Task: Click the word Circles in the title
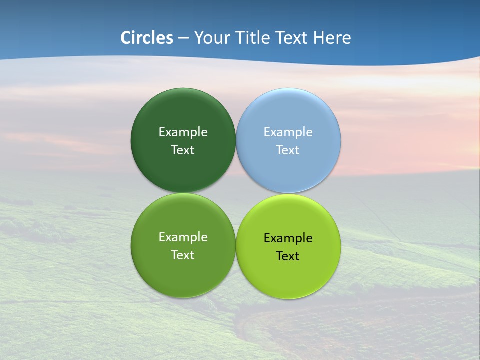pos(147,38)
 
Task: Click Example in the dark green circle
pos(183,132)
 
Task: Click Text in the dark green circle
pos(183,150)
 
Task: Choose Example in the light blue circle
pos(288,132)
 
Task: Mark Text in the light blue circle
pos(288,150)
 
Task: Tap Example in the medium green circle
pos(183,237)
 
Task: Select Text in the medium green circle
pos(183,255)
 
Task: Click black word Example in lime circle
pos(288,238)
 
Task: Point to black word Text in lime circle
pos(288,256)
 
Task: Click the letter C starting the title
pos(126,38)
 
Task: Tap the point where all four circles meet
pos(236,193)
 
